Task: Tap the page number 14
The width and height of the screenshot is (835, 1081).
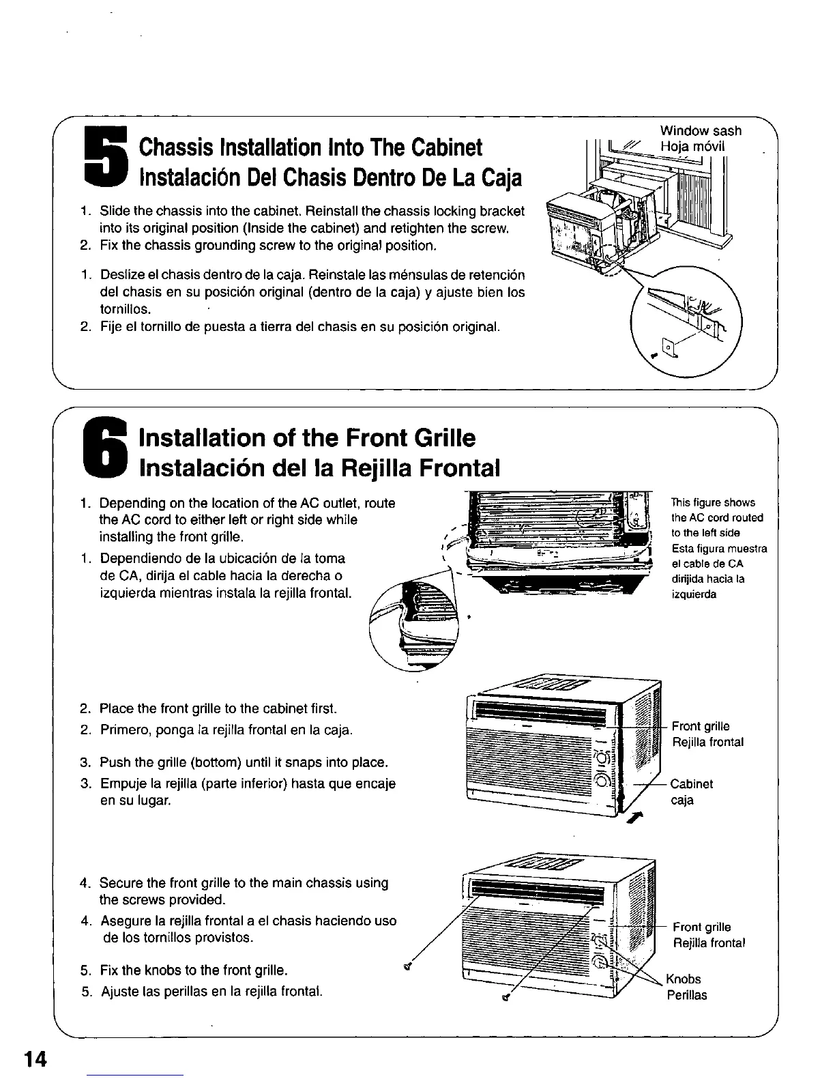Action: pos(34,1059)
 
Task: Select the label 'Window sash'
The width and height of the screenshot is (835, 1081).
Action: pos(701,131)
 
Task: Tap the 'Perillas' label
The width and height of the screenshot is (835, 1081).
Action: pos(687,995)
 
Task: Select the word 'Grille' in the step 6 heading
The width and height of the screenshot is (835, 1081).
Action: pos(439,437)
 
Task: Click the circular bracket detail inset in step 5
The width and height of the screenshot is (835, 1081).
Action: pos(686,321)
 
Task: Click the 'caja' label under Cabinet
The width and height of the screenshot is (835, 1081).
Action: pos(682,800)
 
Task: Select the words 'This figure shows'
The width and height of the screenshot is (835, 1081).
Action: pos(714,502)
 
